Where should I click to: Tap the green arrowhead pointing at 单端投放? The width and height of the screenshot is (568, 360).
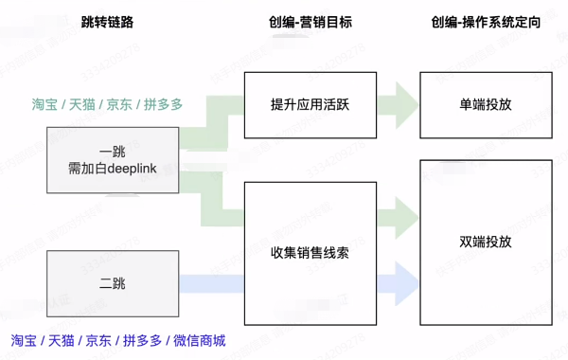[x=406, y=99]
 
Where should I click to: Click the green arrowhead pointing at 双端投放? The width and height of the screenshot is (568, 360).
[x=406, y=216]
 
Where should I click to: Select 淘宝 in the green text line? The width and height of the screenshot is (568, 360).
[x=44, y=104]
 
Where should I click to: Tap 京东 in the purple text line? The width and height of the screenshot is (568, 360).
[x=98, y=340]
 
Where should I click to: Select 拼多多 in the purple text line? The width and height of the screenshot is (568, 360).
[x=140, y=340]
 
